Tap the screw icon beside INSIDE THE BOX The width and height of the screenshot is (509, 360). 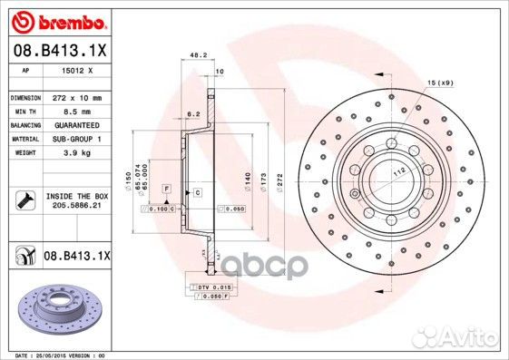click(x=24, y=200)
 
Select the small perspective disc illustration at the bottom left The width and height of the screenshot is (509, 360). click(x=55, y=307)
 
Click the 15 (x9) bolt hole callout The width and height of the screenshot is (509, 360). click(x=439, y=83)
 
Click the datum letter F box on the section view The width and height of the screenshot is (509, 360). click(x=167, y=187)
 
